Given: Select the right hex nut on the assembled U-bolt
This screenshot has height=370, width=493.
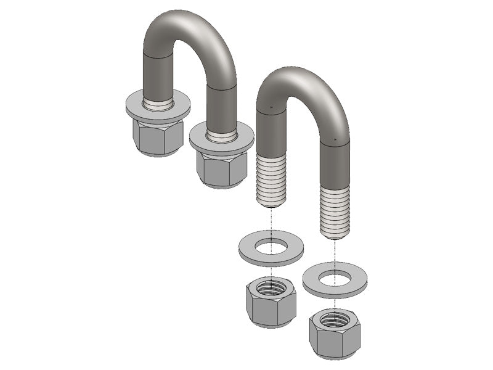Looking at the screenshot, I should [221, 168].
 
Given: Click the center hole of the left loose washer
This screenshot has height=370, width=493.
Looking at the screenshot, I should [271, 247].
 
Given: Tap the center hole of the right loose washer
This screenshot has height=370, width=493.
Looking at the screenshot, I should [335, 277].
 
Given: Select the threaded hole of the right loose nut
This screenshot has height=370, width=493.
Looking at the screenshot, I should [334, 319].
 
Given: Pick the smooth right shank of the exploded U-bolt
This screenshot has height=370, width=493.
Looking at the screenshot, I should [335, 163].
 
